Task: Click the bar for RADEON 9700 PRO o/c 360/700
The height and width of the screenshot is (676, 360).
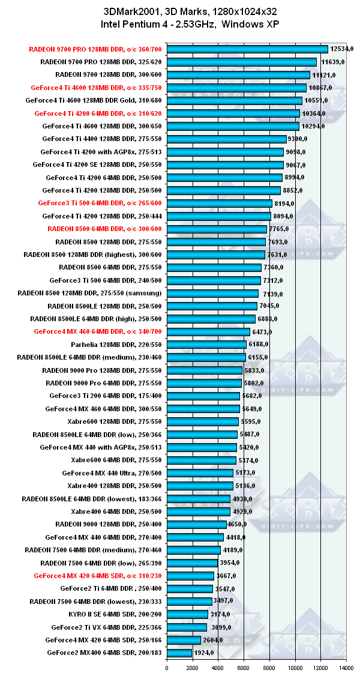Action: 247,49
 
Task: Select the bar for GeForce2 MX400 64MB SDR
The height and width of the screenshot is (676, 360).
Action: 179,653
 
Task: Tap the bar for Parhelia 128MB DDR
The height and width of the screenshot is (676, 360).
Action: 206,345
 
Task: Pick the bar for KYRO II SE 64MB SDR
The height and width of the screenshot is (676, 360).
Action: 187,614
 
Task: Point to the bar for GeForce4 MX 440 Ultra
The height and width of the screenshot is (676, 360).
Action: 200,473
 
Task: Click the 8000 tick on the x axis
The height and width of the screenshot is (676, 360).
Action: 269,667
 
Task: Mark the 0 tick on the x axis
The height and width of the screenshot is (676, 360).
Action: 167,667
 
